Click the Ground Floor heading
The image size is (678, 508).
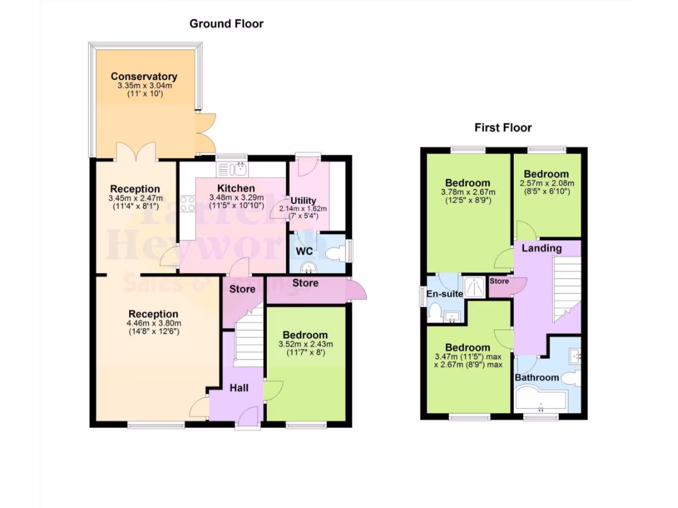226,24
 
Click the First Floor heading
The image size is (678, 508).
503,128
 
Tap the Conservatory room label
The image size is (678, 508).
144,76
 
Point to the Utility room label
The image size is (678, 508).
304,200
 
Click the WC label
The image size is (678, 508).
304,251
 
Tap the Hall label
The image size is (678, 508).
239,388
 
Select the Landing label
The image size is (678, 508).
542,249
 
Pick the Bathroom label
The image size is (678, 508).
537,378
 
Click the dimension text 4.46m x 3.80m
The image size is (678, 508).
153,323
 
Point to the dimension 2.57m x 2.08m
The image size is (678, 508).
547,183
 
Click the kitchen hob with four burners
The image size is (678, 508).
187,203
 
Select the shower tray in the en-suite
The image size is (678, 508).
473,286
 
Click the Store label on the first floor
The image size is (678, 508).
499,281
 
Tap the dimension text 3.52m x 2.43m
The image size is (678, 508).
305,344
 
